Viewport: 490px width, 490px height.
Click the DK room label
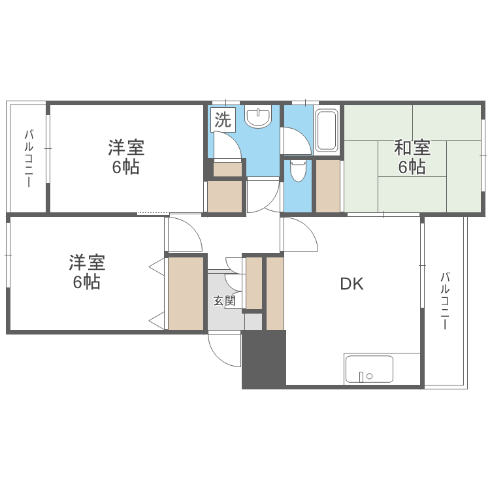point(351,284)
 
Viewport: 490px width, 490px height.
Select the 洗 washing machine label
point(223,120)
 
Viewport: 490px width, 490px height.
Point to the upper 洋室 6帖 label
point(126,157)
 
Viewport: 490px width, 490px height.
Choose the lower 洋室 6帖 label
point(87,272)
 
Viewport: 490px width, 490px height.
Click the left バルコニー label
point(28,158)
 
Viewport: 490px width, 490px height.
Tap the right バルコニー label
point(445,301)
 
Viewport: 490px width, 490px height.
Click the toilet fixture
point(298,170)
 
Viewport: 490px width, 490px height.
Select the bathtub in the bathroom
point(326,130)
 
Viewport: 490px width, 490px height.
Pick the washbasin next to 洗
point(259,118)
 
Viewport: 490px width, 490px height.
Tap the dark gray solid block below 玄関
point(264,359)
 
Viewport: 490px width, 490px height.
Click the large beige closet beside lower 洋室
point(186,293)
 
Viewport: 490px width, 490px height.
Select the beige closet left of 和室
point(328,186)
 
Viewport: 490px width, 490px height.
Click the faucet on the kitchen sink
point(361,376)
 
